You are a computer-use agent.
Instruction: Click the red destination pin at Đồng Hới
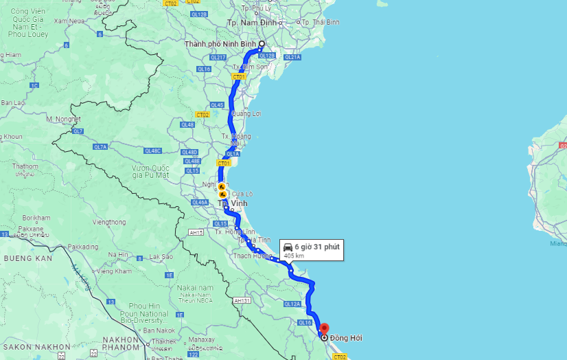[325, 329]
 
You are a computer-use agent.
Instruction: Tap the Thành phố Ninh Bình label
[219, 44]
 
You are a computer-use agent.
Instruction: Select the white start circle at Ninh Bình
[262, 44]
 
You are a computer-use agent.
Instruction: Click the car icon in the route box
[288, 247]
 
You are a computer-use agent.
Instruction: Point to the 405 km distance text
[294, 256]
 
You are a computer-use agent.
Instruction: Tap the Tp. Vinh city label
[232, 203]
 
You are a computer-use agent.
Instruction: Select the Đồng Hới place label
[345, 338]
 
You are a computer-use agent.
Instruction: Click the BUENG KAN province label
[29, 258]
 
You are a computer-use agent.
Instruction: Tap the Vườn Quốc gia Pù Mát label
[150, 171]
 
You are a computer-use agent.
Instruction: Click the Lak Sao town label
[161, 257]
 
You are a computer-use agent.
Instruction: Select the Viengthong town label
[109, 222]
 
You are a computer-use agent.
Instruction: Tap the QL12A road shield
[292, 304]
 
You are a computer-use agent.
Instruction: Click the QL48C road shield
[152, 150]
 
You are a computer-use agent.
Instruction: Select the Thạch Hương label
[253, 256]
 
